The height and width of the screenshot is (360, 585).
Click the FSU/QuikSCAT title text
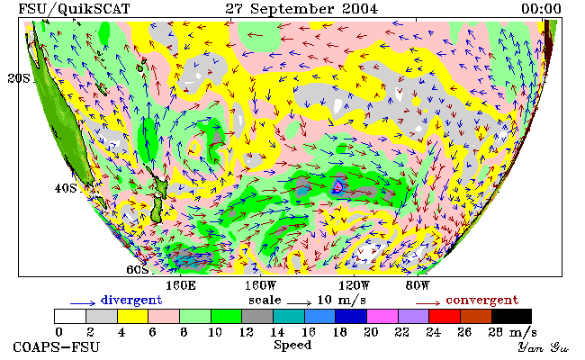[x=74, y=9]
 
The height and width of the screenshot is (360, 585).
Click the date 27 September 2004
[x=301, y=9]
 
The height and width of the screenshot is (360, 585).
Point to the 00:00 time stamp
[x=541, y=9]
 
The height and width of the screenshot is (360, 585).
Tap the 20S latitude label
[x=19, y=78]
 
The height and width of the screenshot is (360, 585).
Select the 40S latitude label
[x=66, y=188]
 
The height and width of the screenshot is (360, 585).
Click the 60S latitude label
[x=138, y=269]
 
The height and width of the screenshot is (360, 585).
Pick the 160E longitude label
[x=181, y=286]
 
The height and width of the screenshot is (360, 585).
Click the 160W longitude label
[x=260, y=286]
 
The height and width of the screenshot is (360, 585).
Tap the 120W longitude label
[x=354, y=286]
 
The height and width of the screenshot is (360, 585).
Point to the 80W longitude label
[x=418, y=286]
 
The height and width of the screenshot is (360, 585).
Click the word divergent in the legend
[x=131, y=301]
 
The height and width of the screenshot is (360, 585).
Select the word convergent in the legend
[x=482, y=301]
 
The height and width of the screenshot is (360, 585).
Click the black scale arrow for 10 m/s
[x=299, y=302]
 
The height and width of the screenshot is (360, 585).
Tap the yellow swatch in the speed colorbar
[x=133, y=316]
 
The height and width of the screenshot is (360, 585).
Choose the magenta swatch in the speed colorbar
[x=382, y=316]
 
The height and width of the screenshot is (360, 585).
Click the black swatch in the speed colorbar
[x=511, y=316]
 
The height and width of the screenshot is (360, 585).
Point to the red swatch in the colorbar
[x=445, y=316]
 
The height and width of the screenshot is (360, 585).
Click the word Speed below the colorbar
[x=292, y=345]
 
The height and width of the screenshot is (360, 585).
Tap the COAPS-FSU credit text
[x=57, y=346]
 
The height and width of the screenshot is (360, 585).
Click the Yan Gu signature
[x=543, y=347]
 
